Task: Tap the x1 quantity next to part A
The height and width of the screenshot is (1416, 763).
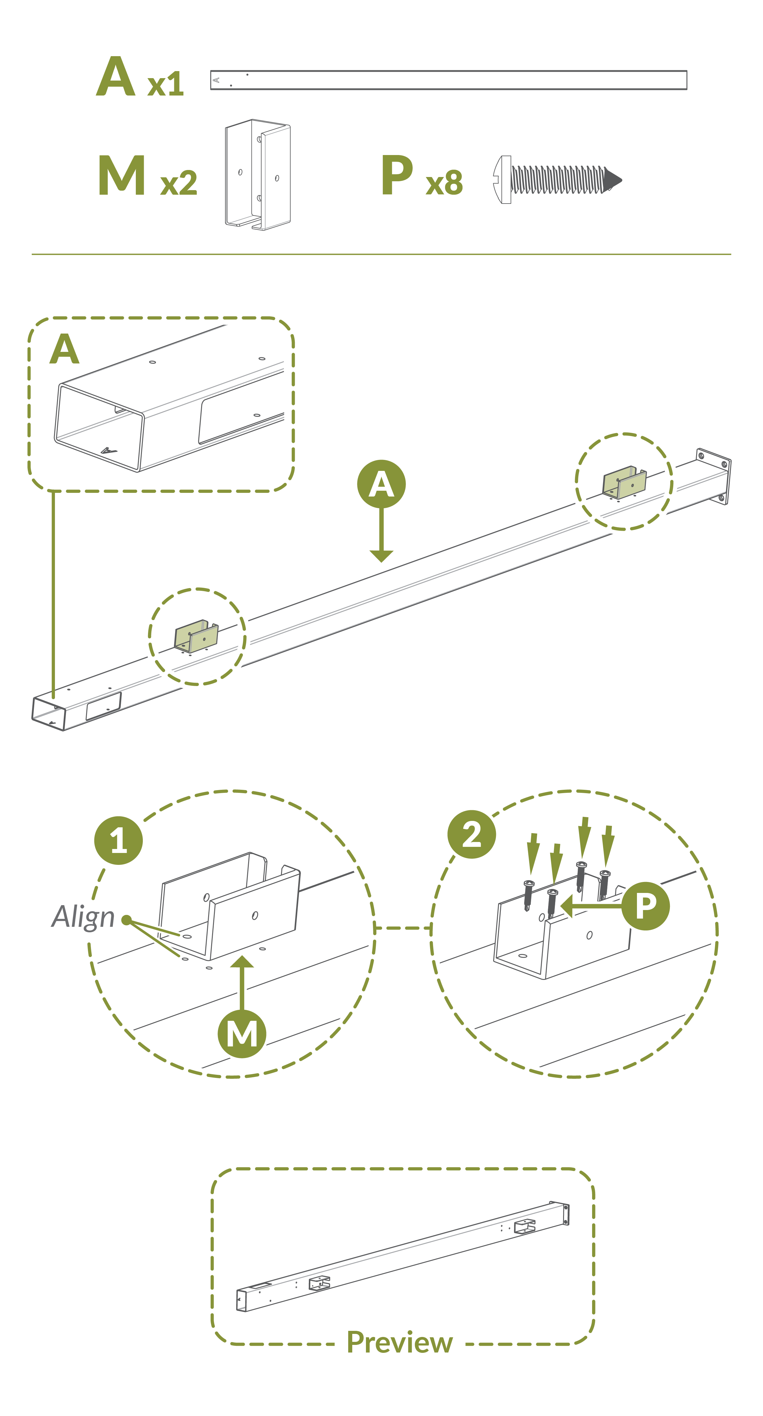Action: [165, 85]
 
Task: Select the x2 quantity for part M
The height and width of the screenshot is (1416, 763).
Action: [179, 183]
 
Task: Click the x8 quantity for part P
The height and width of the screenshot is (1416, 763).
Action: [444, 183]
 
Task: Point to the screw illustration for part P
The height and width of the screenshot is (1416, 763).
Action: [557, 179]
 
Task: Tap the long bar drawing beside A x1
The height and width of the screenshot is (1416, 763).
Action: [449, 80]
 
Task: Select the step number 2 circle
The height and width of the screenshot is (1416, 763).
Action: [472, 834]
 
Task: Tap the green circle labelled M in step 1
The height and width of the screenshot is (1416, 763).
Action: [242, 1034]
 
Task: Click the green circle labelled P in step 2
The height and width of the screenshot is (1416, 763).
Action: [646, 906]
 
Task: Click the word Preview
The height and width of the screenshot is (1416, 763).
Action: [400, 1342]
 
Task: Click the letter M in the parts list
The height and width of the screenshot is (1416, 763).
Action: [122, 175]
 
